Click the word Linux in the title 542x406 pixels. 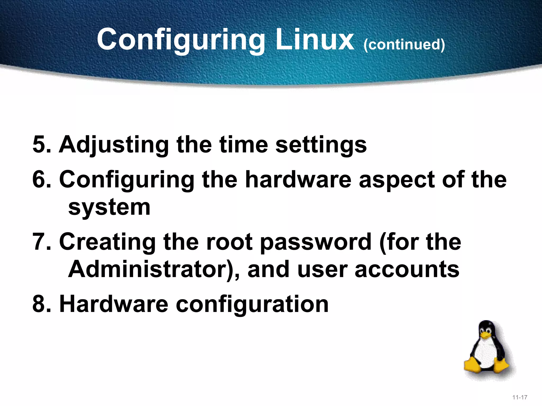click(314, 40)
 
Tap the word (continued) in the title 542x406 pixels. click(404, 44)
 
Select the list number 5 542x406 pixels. click(41, 145)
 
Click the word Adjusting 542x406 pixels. click(114, 145)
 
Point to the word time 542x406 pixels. click(243, 145)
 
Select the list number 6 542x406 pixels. click(41, 179)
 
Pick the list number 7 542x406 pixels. click(41, 242)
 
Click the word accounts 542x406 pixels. click(407, 270)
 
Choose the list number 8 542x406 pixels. click(41, 304)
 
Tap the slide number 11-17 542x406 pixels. click(520, 397)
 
